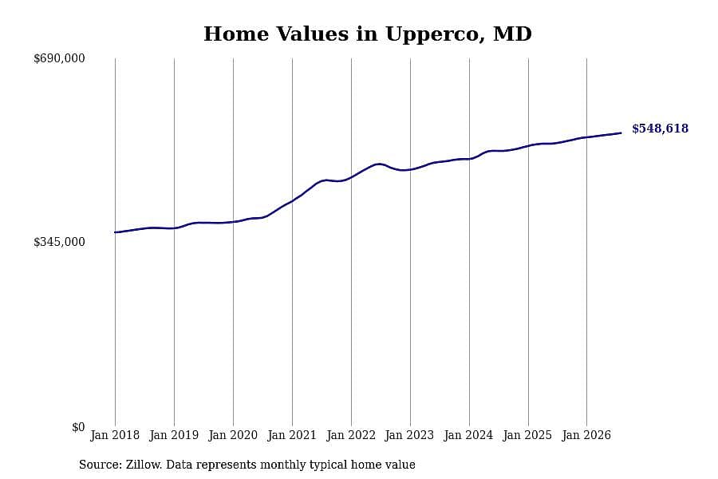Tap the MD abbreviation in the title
512,34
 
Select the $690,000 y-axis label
59,58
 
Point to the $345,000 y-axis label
59,242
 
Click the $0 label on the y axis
78,427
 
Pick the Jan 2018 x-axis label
115,435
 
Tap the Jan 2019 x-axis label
174,435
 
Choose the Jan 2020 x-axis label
233,435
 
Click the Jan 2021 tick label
292,435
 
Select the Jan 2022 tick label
351,435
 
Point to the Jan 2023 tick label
409,435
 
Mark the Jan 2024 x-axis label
468,435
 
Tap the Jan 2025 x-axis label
527,435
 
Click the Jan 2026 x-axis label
586,435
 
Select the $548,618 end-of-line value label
661,129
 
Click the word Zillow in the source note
144,465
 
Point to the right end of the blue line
621,133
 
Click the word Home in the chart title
236,34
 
